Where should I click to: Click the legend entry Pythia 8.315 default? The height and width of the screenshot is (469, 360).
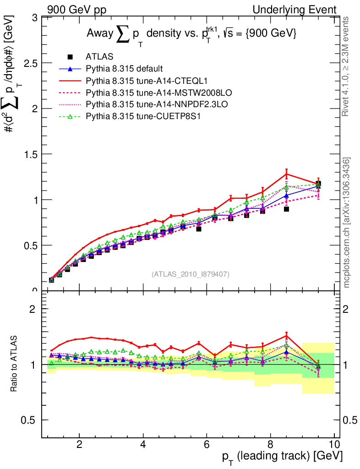124,69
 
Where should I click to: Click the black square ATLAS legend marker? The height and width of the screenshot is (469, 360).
70,57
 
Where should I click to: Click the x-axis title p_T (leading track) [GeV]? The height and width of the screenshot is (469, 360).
281,457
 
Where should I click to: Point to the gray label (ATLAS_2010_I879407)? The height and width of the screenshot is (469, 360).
191,274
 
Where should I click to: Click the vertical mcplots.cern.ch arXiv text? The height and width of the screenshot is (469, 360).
347,222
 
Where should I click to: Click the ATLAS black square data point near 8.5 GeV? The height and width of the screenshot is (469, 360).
286,209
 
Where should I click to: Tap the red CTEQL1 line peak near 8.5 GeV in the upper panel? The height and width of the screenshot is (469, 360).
286,174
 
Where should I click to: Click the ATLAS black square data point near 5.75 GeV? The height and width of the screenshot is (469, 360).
199,229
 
